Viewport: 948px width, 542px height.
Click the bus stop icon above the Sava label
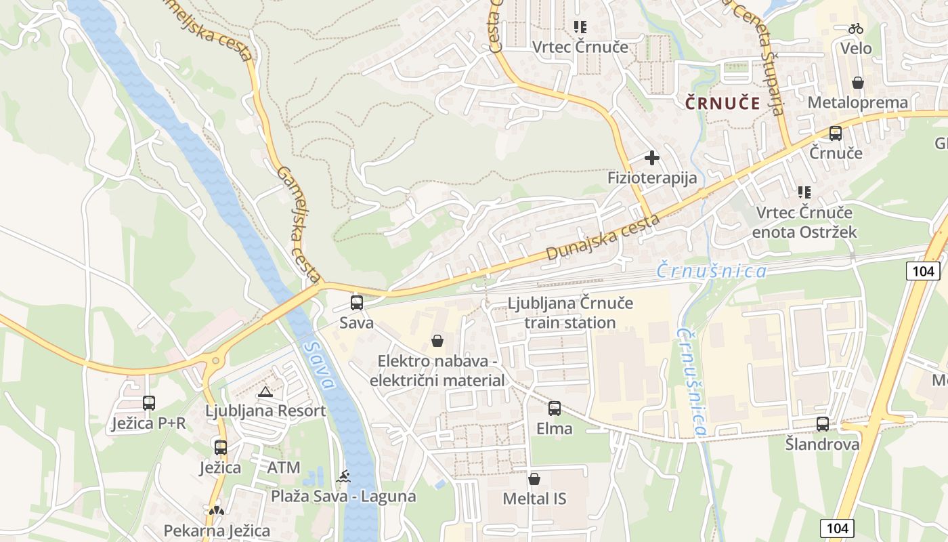pos(357,303)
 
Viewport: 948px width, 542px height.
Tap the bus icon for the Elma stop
pos(555,409)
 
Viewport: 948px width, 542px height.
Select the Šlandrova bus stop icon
pos(823,424)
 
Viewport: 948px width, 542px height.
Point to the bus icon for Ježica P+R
pos(149,403)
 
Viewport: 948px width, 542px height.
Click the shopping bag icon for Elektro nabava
pos(437,341)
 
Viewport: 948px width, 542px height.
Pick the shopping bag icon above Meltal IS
pos(534,479)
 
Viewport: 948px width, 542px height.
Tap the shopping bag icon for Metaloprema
pos(858,83)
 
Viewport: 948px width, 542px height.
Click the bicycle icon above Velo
pos(856,28)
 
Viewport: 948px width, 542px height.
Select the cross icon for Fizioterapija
pos(652,158)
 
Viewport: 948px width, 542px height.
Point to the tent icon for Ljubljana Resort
pos(265,391)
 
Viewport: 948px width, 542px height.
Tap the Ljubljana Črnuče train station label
pos(570,312)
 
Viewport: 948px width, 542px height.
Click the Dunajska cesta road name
pos(603,238)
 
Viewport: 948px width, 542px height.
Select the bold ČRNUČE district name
pos(723,103)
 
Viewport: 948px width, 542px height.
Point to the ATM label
pos(283,467)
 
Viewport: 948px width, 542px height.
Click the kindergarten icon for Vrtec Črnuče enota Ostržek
pos(804,192)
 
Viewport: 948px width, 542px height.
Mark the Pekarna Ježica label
pos(217,530)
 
